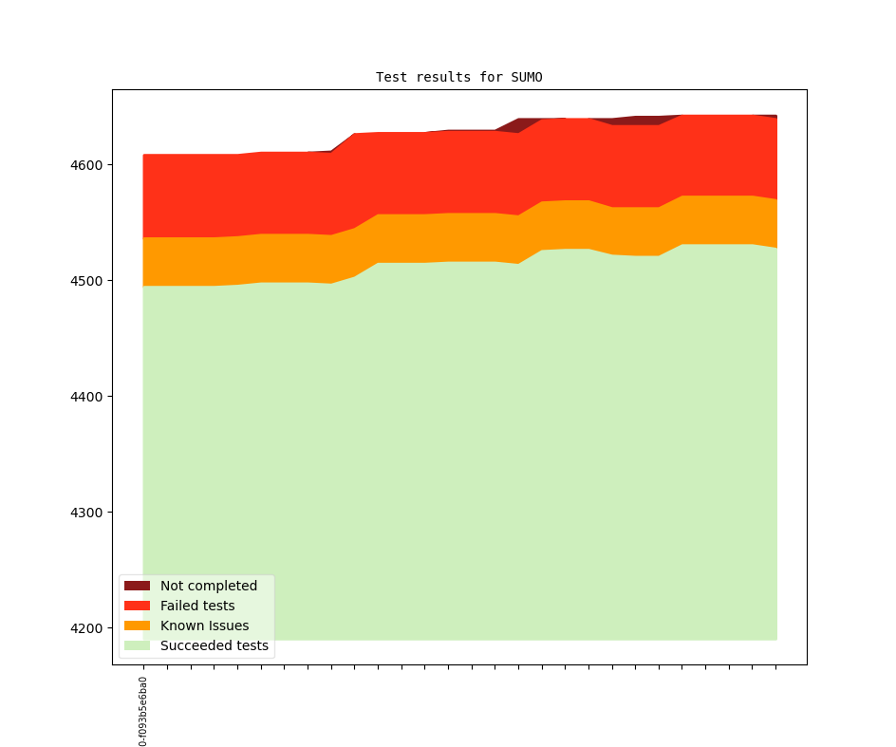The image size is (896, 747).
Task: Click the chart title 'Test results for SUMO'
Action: coord(458,77)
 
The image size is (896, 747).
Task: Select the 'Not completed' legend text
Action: coord(209,586)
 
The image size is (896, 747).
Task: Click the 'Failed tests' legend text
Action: coord(197,606)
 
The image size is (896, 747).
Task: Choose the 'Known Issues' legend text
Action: coord(204,626)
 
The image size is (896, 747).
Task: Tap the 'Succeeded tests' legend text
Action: coord(215,645)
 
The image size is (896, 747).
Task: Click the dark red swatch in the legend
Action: coord(137,586)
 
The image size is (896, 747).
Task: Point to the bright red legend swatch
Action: coord(137,606)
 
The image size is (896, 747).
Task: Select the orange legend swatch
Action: coord(137,626)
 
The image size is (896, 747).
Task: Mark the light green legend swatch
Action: coord(137,645)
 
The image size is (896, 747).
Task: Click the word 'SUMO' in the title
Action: coord(526,77)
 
